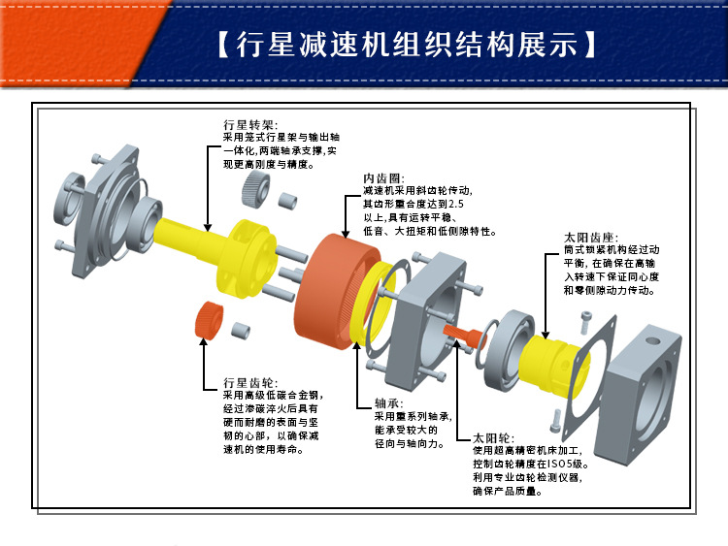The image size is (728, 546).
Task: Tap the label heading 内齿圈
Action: coord(381,179)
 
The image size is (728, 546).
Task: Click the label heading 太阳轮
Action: coord(491,437)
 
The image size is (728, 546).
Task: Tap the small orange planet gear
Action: coord(209,320)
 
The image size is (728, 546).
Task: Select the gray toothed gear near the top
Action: coord(253,190)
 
